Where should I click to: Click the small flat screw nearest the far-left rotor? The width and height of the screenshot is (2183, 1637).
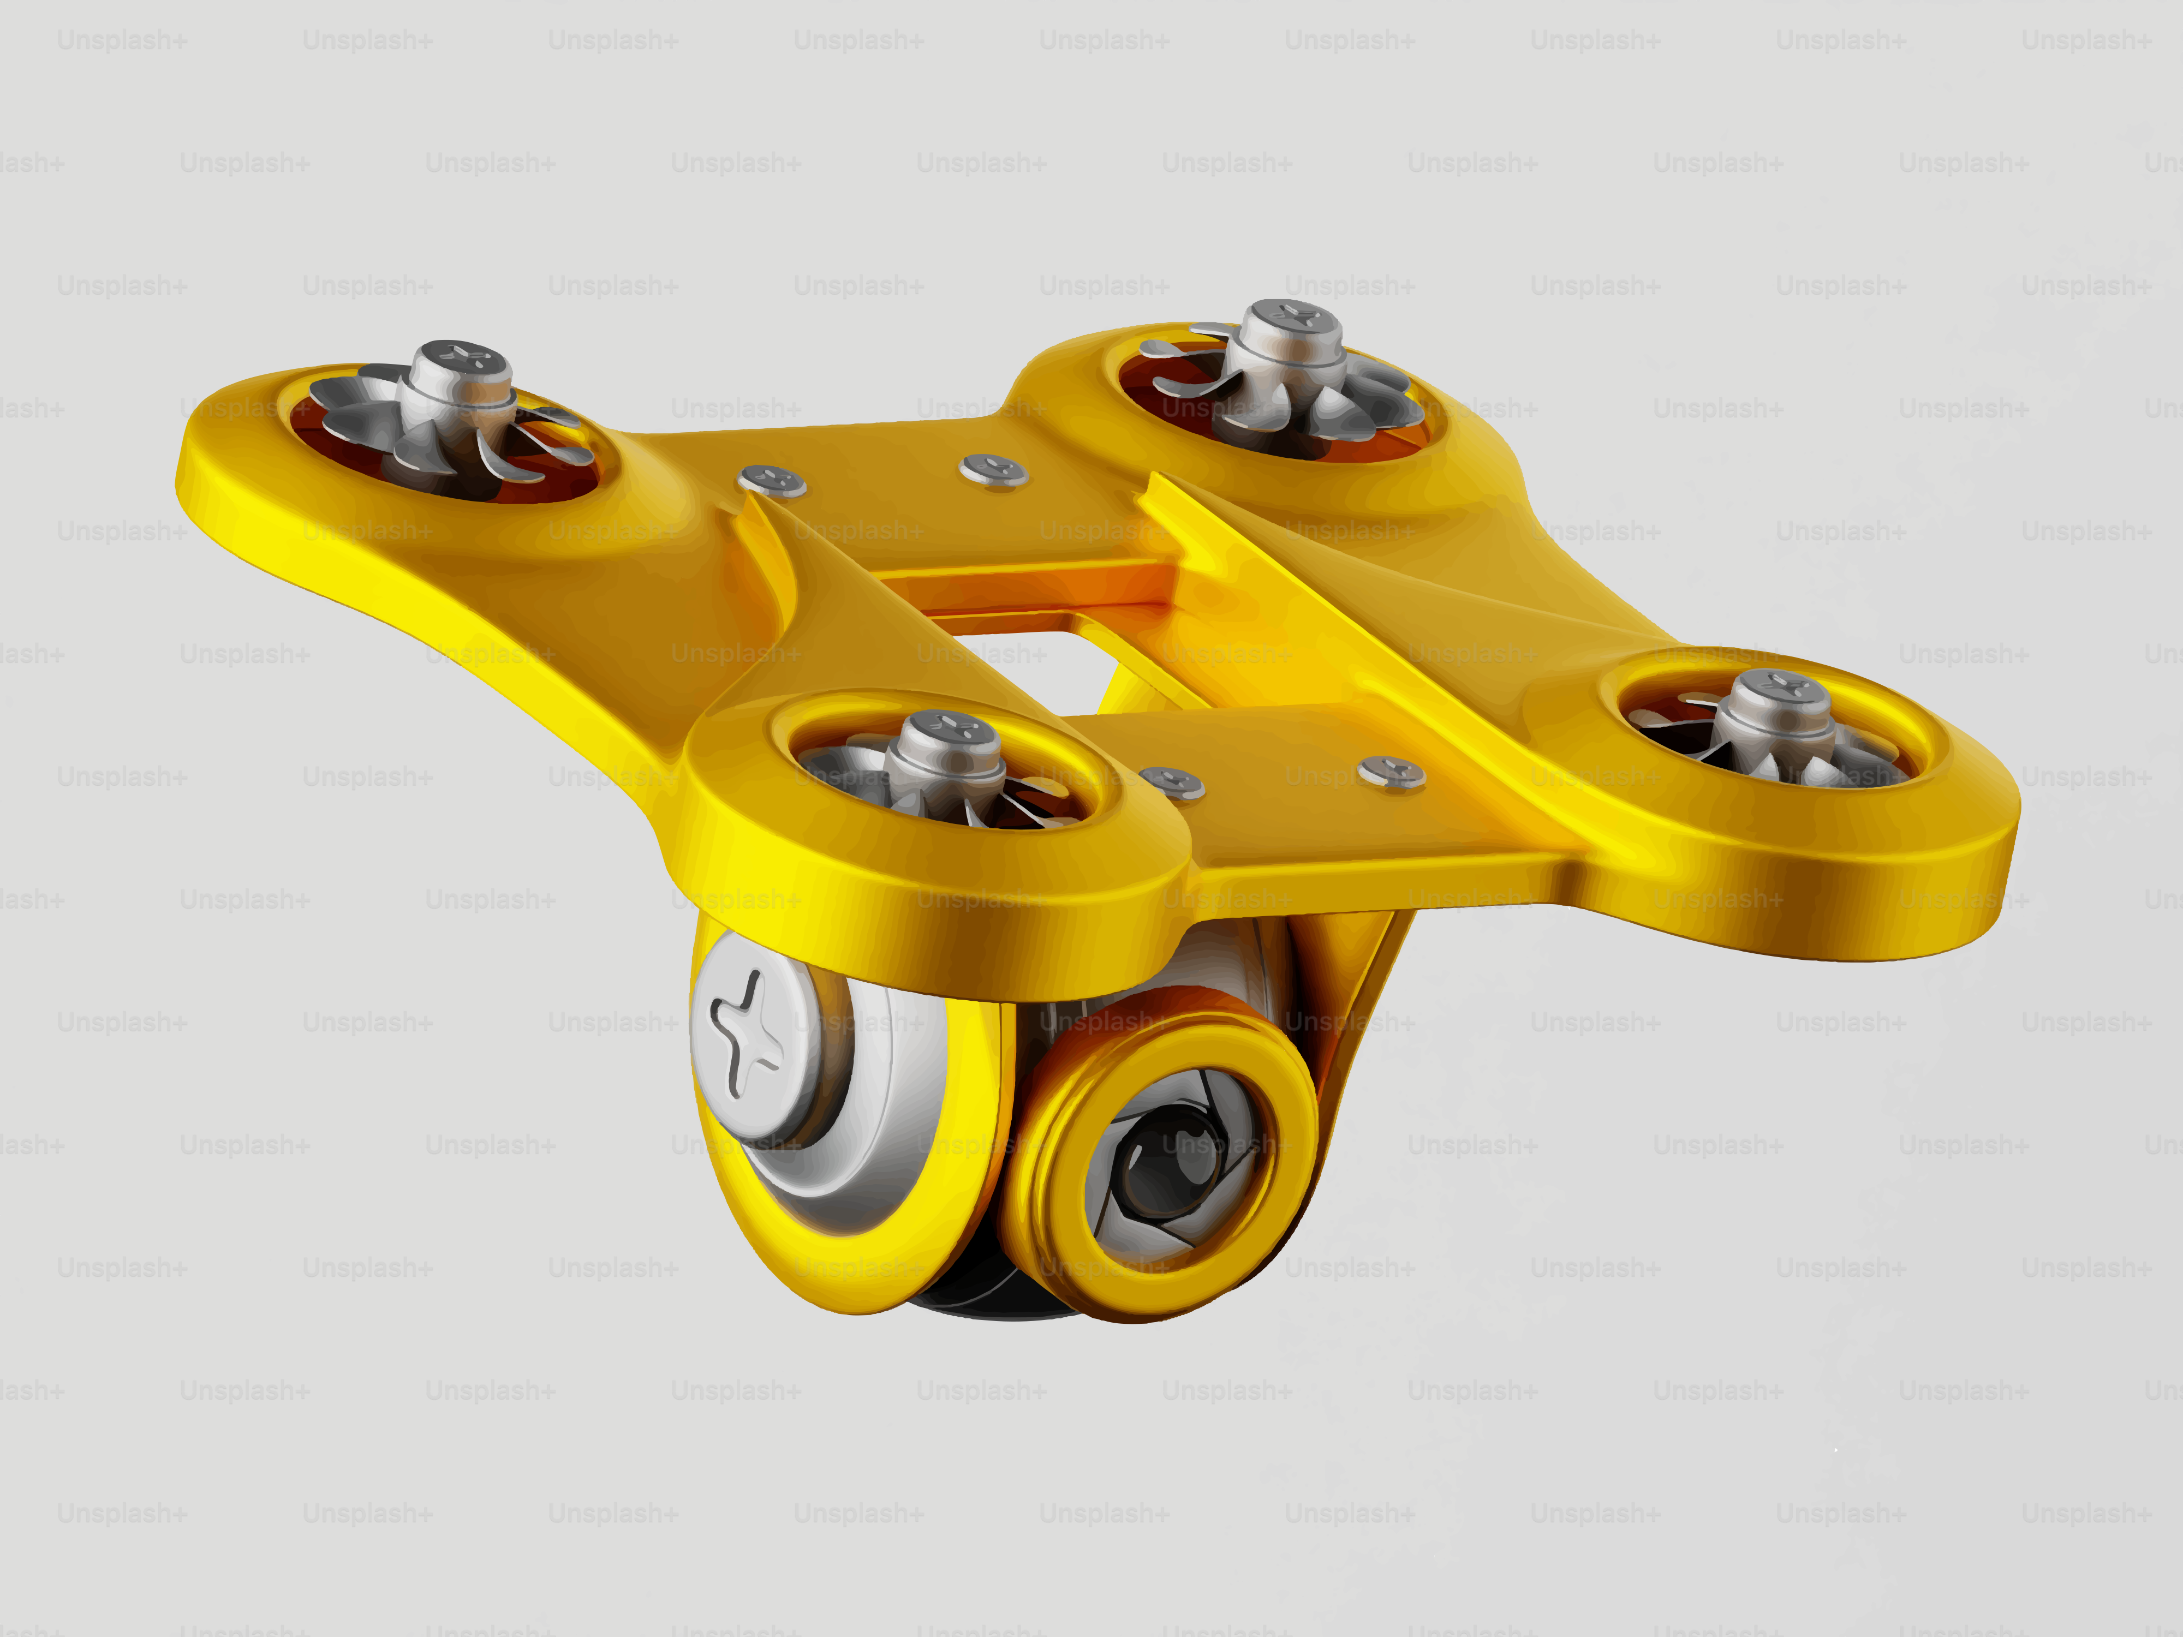pyautogui.click(x=772, y=481)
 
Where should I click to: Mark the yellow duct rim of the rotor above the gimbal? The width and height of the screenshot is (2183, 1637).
pyautogui.click(x=938, y=858)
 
